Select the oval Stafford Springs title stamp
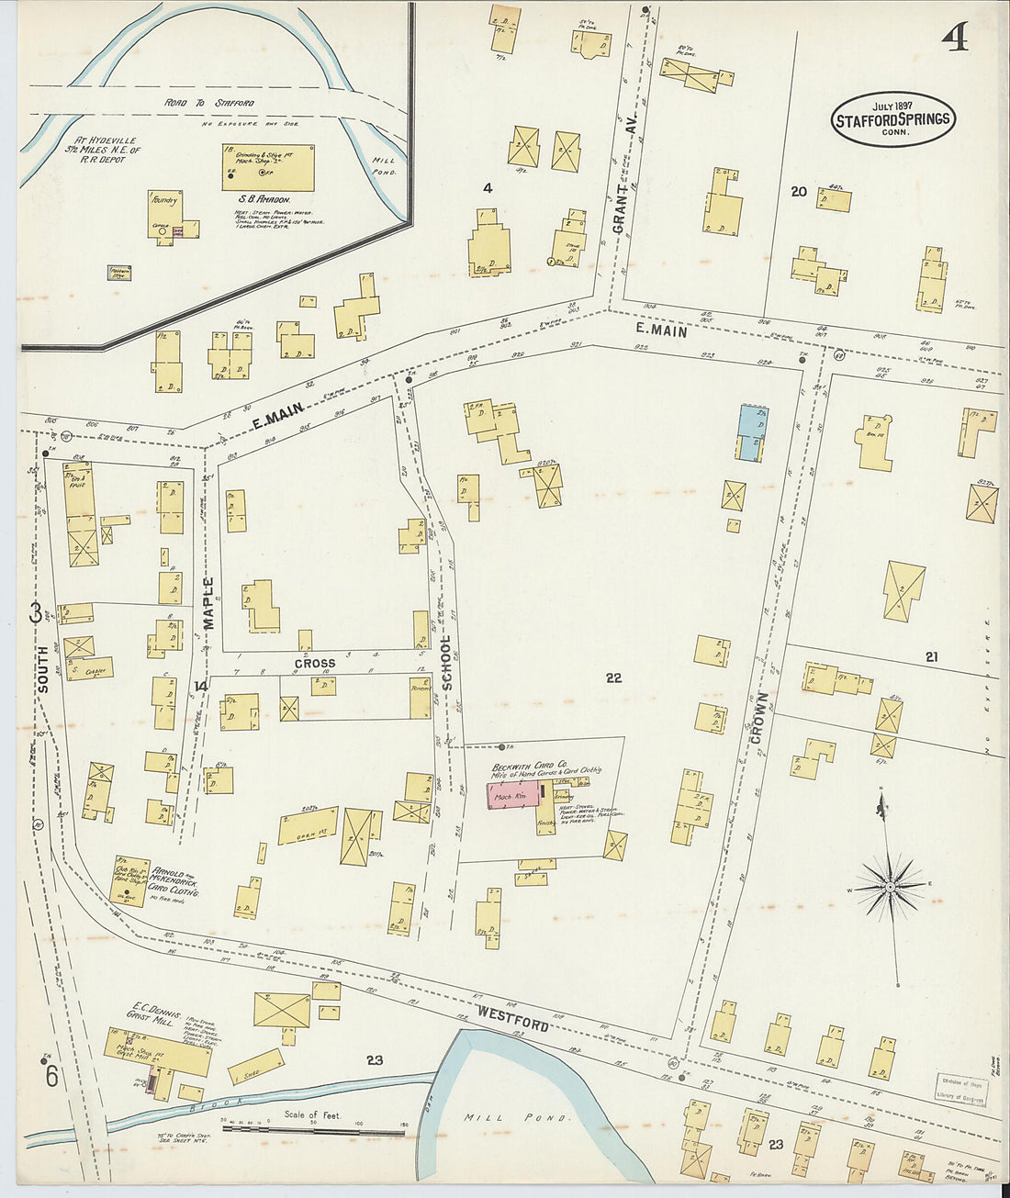point(893,119)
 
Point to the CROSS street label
point(315,663)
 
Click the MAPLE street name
point(208,603)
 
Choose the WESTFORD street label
point(511,1017)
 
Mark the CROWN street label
point(758,719)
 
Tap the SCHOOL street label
point(447,663)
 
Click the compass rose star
point(890,887)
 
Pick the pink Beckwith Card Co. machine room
point(511,796)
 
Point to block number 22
point(613,677)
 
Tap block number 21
point(931,656)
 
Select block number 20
point(799,191)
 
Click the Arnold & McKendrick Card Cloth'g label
point(176,880)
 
